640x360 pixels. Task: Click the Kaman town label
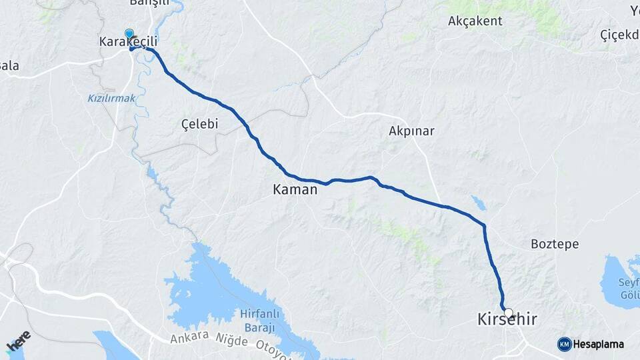click(x=295, y=190)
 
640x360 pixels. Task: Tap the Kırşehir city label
click(x=507, y=321)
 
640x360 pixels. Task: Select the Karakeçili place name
click(x=128, y=42)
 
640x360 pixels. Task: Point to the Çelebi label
click(x=199, y=124)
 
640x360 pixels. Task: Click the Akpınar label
click(x=411, y=131)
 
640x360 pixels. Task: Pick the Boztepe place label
click(x=554, y=244)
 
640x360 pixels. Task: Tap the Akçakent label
click(x=475, y=21)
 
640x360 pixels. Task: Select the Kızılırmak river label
click(x=111, y=99)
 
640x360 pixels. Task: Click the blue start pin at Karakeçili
click(x=129, y=33)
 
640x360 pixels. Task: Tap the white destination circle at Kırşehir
click(x=509, y=313)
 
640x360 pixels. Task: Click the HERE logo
click(x=19, y=341)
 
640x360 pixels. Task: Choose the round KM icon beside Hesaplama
click(x=565, y=344)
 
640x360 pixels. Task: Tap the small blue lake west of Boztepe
click(x=478, y=202)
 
